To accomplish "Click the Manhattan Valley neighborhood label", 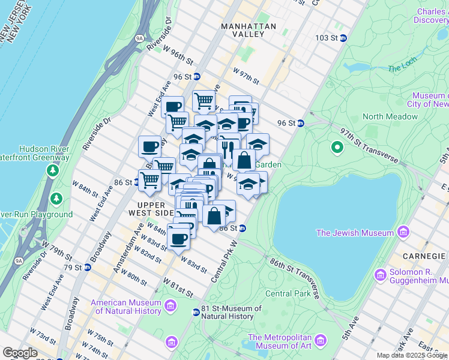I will [x=249, y=31].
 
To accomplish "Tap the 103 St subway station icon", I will [x=343, y=38].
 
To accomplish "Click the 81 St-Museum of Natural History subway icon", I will [x=196, y=312].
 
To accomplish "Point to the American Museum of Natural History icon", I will [x=171, y=307].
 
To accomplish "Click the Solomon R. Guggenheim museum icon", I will [x=381, y=275].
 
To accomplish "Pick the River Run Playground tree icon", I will [x=56, y=198].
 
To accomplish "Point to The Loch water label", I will [x=402, y=68].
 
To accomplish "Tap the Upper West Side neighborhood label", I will [x=150, y=209].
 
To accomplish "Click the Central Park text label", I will [x=288, y=293].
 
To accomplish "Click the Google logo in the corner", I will [x=19, y=353].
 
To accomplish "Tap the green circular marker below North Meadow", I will [x=337, y=146].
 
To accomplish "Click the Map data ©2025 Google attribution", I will [x=412, y=355].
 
